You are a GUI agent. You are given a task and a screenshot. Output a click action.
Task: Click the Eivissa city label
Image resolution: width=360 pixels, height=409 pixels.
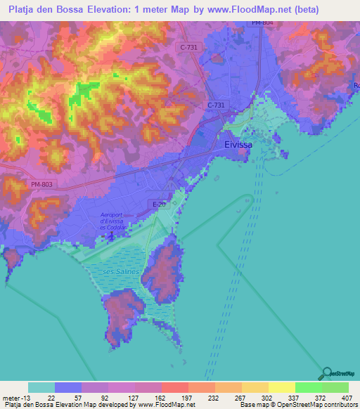pos(238,144)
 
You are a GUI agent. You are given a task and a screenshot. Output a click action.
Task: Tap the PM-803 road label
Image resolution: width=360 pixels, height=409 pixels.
pos(41,184)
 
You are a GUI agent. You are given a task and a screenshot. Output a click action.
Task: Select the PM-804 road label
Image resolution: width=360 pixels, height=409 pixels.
pos(262,23)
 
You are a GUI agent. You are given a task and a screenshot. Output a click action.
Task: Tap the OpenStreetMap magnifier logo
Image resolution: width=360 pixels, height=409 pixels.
pos(326,373)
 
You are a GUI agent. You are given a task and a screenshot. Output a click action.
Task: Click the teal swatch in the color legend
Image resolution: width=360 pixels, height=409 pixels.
pos(41,387)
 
